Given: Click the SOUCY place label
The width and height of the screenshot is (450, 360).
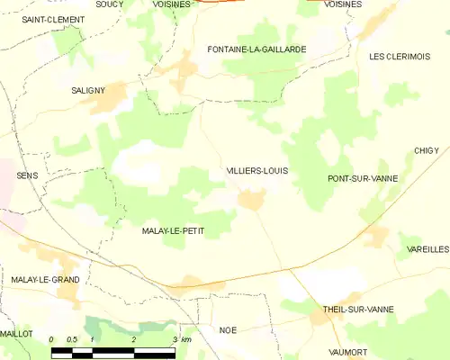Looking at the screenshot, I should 109,4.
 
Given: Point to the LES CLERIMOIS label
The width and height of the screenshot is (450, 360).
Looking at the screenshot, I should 400,56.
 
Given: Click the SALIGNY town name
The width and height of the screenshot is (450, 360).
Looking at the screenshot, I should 89,90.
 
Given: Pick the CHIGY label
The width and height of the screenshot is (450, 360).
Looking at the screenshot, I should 426,150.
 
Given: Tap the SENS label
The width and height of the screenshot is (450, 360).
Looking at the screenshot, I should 27,175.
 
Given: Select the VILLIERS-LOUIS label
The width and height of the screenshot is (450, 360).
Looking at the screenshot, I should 258,170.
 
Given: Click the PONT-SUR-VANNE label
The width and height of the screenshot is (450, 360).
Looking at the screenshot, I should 363,179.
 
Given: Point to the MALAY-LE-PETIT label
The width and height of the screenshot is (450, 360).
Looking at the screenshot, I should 173,231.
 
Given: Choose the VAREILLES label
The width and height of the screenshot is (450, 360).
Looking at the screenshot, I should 427,248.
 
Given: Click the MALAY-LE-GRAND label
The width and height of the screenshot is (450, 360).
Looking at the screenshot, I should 45,280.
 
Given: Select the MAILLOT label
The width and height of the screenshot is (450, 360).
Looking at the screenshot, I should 16,333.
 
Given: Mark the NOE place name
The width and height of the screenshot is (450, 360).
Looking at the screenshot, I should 228,330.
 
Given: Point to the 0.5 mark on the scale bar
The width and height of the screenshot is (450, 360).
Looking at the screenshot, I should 71,339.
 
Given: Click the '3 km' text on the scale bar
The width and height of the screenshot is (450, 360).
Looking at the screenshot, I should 181,339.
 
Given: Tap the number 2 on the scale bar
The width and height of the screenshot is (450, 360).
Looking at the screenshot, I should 133,339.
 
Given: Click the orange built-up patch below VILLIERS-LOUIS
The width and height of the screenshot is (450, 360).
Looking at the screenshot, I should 250,200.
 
